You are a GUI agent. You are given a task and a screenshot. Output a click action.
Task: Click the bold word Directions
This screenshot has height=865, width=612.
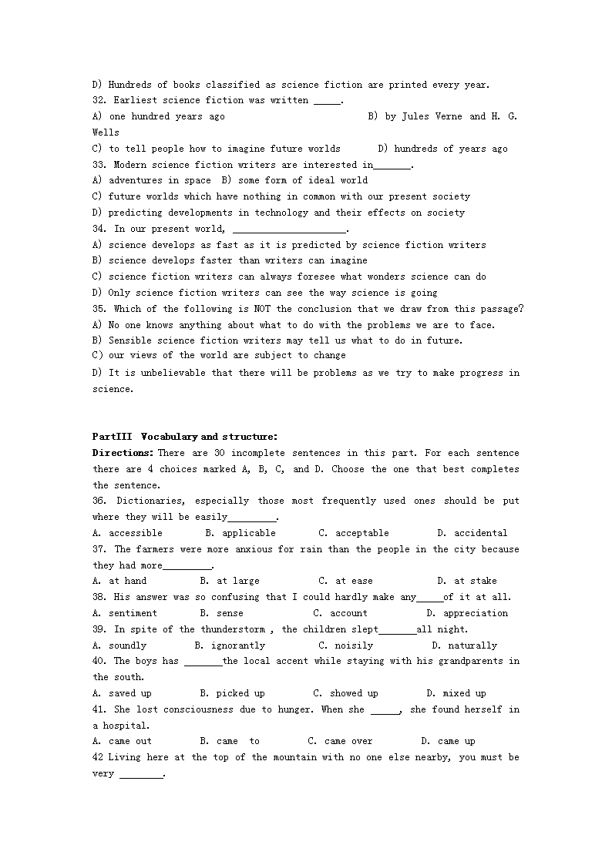click(x=123, y=453)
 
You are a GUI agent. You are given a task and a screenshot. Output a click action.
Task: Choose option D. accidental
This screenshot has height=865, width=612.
click(x=472, y=533)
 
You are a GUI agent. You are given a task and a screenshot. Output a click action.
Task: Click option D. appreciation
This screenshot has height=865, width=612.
click(x=466, y=613)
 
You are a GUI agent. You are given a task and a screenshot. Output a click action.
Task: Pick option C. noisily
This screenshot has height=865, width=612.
click(x=345, y=645)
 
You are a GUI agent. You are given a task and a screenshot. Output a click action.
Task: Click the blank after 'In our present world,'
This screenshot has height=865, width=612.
click(x=289, y=229)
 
